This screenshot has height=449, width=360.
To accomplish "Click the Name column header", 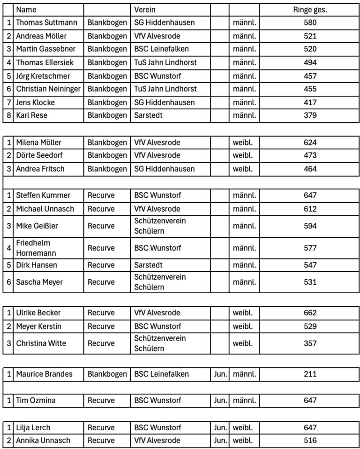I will [26, 9].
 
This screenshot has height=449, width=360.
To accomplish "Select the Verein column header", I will [145, 9].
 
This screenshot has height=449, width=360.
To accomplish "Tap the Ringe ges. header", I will [310, 9].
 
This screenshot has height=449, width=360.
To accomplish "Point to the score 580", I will [310, 23].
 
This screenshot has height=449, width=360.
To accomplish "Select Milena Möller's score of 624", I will [310, 142].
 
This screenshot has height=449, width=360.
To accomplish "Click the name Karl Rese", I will [31, 115].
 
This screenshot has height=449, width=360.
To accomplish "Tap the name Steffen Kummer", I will [43, 195].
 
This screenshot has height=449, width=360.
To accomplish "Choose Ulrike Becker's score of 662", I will [310, 313].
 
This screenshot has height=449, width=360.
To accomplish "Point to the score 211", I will [310, 374].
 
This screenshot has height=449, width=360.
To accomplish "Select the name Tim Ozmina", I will [36, 400].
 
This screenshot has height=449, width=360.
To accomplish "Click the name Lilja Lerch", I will [33, 427].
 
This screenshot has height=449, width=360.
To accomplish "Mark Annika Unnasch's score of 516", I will [310, 441].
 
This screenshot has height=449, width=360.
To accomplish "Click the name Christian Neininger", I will [48, 89].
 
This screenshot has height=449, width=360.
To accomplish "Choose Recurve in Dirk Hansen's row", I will [101, 265].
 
